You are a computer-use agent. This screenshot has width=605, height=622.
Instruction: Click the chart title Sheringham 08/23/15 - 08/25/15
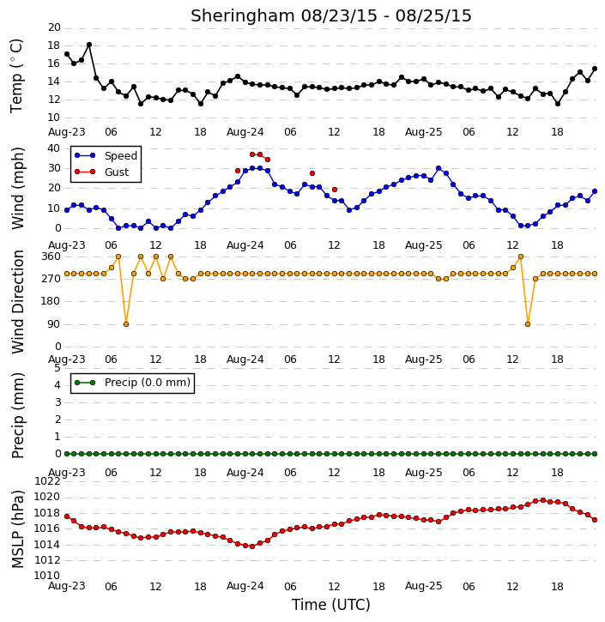click(x=331, y=15)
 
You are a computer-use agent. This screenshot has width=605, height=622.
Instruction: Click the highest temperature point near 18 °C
click(x=89, y=45)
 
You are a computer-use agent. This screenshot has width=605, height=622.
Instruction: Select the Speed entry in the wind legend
click(x=106, y=155)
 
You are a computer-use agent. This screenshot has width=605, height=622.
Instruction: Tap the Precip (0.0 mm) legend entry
click(x=132, y=383)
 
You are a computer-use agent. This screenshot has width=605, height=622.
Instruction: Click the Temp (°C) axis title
click(x=16, y=76)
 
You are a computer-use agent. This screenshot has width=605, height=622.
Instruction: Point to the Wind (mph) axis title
click(x=18, y=189)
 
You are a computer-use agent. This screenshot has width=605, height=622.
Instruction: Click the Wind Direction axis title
click(x=18, y=302)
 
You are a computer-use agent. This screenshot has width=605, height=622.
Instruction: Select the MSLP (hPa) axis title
click(x=18, y=529)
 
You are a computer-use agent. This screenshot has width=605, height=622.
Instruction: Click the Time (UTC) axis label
click(x=331, y=605)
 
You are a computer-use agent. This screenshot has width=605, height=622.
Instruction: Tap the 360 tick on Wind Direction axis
click(x=51, y=257)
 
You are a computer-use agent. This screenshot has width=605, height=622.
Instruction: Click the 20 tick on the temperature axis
click(x=54, y=27)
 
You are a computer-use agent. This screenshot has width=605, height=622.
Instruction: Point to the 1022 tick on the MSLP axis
click(x=47, y=481)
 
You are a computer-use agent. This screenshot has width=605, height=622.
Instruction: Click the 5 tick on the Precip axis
click(x=57, y=368)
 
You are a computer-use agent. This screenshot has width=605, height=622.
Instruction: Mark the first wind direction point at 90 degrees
click(x=126, y=324)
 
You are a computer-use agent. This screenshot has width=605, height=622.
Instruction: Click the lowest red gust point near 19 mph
click(x=335, y=190)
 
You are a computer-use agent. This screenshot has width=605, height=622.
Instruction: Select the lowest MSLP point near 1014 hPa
click(x=252, y=547)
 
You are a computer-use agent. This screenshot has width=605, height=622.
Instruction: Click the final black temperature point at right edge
click(x=595, y=69)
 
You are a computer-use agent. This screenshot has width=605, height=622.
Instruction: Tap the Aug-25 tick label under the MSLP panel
click(x=423, y=586)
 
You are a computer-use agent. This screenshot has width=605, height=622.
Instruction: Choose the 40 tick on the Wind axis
click(x=54, y=148)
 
